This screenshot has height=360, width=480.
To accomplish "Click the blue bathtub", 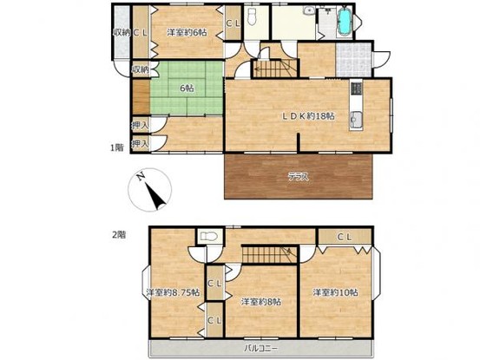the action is coord(345,21).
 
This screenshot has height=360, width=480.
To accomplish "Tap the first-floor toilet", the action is coord(253,16).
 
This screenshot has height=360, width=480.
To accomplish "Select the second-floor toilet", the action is coord(209,236).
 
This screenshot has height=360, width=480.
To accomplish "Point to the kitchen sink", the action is coord(356,120).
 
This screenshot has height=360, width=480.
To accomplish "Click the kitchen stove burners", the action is coord(356,88).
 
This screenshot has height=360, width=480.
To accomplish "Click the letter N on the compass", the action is coord(141,177).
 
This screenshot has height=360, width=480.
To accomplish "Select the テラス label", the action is coord(299,177).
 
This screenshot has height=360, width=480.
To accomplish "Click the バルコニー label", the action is coord(261,348).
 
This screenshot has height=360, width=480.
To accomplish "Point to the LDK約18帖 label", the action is coord(308,116).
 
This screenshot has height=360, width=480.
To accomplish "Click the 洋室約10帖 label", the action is coord(335,292).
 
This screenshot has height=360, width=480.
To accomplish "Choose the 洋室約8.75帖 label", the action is coord(173,292).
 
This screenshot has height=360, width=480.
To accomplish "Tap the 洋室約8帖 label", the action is coord(261,302).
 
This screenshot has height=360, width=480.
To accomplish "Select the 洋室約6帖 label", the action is coord(187,32).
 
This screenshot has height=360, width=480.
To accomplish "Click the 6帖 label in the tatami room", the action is coord(187,88).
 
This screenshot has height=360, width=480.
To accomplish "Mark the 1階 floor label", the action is coord(117,147).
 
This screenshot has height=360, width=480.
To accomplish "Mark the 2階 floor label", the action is coord(118,235).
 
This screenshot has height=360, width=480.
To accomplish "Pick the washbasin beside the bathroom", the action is coord(309,10).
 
